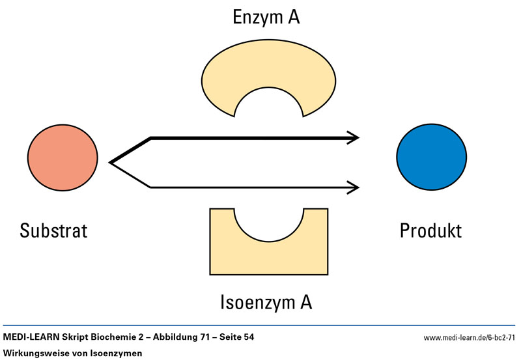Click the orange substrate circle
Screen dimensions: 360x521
pos(63,158)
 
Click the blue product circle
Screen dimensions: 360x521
pos(431,158)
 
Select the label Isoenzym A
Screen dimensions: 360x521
pos(267,302)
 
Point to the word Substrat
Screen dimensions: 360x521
pos(53,230)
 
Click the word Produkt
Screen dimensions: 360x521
pos(430,230)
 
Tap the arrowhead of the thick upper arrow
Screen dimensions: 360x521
pos(354,137)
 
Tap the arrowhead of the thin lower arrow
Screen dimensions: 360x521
pos(354,187)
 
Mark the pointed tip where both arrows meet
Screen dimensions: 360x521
pos(111,162)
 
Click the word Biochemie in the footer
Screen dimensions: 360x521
pos(113,337)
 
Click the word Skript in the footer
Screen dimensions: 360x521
pos(74,337)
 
